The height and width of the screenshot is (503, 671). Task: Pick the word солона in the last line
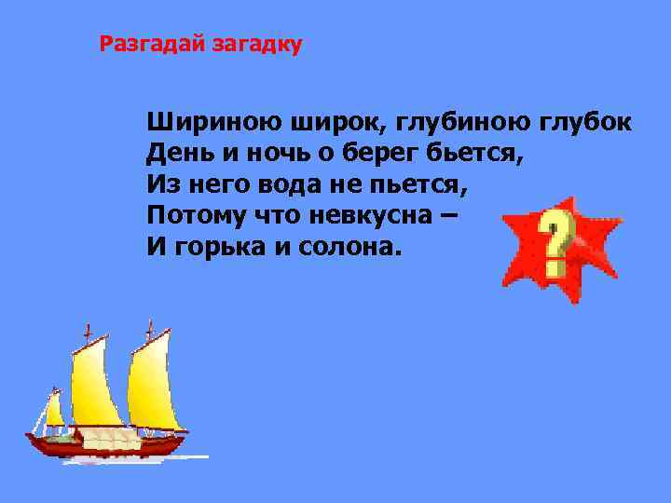tap(355, 247)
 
